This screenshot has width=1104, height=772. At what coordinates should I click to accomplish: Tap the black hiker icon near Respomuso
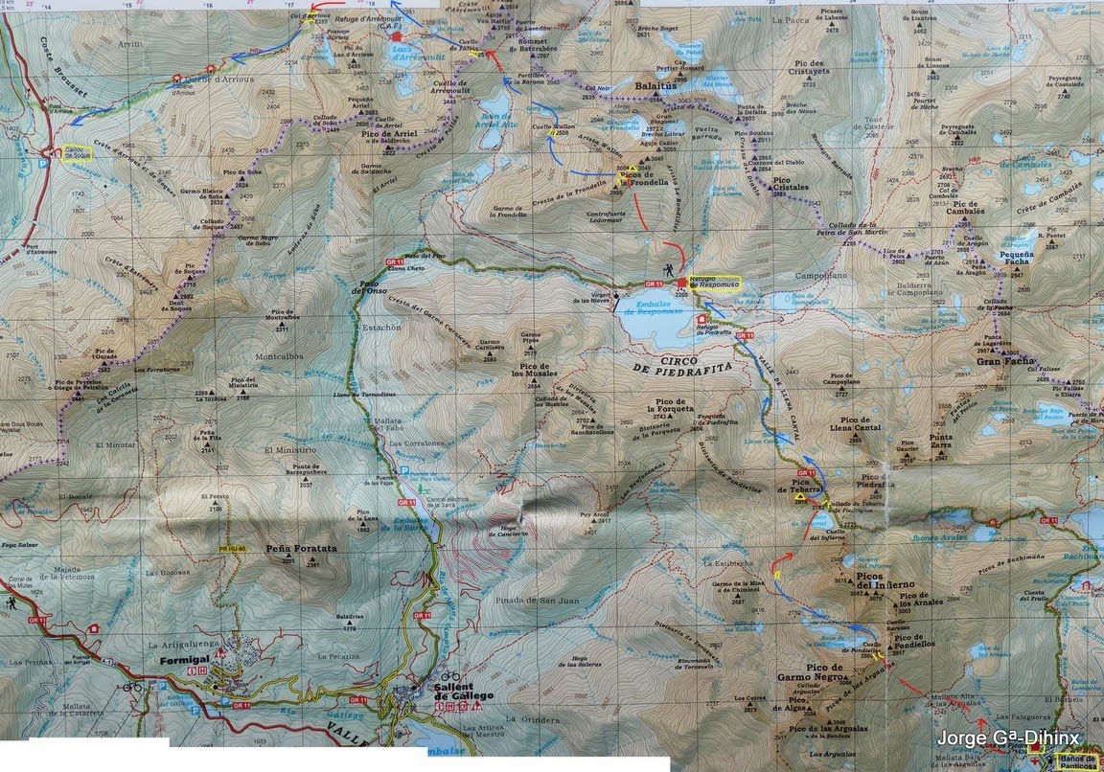pyautogui.click(x=667, y=271)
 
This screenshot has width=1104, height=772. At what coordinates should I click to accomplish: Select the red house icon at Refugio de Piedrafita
pyautogui.click(x=704, y=319)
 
